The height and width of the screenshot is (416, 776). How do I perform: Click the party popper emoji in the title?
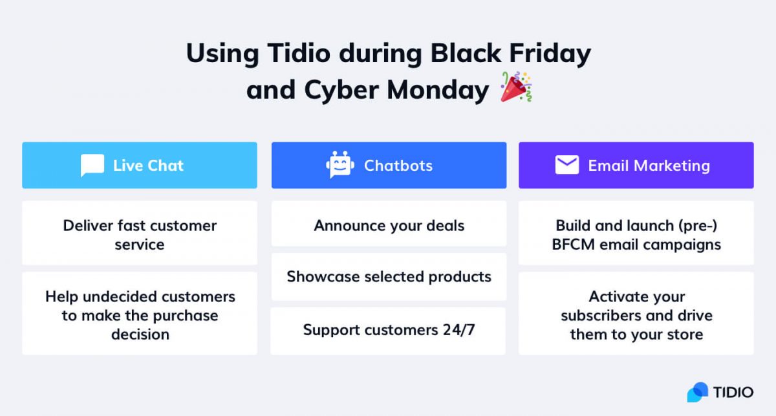tap(516, 87)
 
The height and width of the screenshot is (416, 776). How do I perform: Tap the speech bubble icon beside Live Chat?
tap(92, 166)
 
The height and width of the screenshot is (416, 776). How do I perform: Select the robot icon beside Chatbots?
tap(340, 165)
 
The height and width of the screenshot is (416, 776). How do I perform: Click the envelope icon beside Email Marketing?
tap(566, 165)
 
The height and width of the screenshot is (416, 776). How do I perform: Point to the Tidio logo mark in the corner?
tap(698, 392)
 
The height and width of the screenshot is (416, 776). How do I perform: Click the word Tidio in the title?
tap(299, 54)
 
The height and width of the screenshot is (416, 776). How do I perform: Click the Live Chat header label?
tap(148, 166)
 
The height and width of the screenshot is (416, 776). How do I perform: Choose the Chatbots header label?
tap(398, 166)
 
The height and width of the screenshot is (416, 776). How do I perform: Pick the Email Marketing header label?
tap(649, 166)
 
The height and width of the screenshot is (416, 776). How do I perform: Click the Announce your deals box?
tap(389, 224)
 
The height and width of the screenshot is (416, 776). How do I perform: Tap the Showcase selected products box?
tap(389, 277)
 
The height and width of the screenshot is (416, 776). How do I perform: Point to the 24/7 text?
tap(458, 330)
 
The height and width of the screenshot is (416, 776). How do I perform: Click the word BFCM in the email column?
tap(573, 245)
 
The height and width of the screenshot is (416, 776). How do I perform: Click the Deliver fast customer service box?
tap(140, 233)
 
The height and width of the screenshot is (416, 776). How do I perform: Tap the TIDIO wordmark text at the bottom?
tap(733, 393)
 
